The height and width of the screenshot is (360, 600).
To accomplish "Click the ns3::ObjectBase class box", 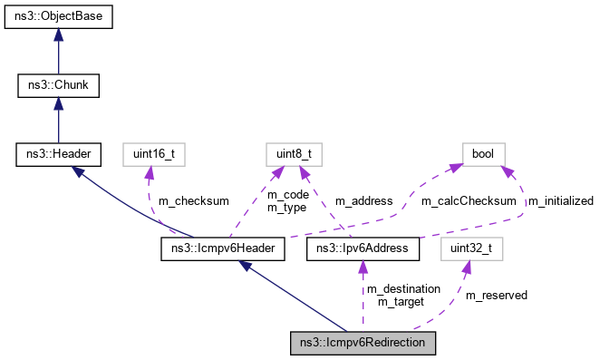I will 58,17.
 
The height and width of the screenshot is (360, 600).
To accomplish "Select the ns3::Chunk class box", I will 58,86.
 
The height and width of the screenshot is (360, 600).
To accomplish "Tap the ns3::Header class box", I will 58,155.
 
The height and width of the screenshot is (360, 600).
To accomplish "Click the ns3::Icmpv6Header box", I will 224,247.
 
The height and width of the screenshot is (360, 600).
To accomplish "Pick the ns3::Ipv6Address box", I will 363,247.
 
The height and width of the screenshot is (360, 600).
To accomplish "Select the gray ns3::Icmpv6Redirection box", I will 363,343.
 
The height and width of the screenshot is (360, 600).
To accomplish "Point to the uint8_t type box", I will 291,155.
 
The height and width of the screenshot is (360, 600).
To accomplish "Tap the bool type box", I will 483,155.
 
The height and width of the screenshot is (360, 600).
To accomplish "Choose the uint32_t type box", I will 469,247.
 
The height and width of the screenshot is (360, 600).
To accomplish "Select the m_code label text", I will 287,194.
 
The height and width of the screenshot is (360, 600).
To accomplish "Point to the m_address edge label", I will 363,200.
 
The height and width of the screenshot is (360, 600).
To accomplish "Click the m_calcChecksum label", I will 469,200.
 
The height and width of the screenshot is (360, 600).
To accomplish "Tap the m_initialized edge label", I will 560,200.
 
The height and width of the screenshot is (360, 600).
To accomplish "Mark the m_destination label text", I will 402,288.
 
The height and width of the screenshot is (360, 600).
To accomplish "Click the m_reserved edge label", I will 496,295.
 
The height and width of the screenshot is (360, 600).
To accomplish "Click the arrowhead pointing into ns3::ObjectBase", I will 58,34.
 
